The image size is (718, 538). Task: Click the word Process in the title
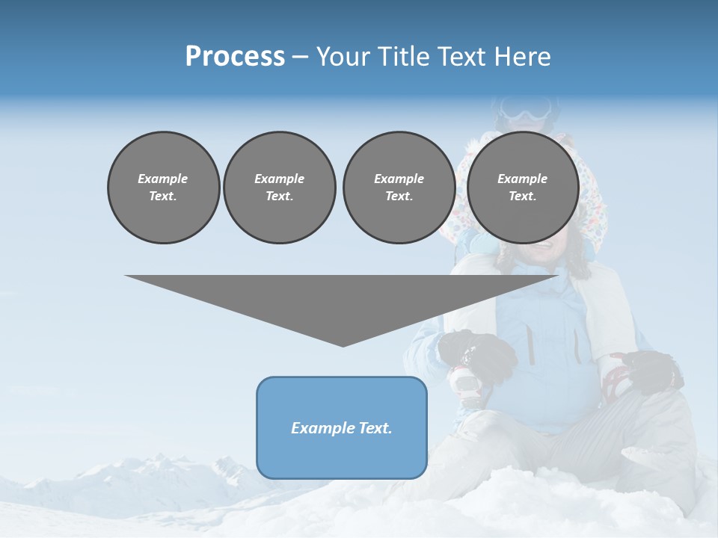point(235,57)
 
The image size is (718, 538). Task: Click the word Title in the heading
point(401,57)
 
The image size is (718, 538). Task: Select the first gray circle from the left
point(163,187)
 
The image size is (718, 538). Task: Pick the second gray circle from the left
point(279,187)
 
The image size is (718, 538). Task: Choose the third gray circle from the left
point(399,187)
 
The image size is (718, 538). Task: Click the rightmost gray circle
point(522,187)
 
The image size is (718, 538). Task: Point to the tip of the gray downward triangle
point(343,344)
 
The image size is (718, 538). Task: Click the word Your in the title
point(343,57)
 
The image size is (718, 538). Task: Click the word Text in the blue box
point(375,428)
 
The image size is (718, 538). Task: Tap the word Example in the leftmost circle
point(163,179)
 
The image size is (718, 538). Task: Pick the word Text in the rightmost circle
point(522,196)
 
